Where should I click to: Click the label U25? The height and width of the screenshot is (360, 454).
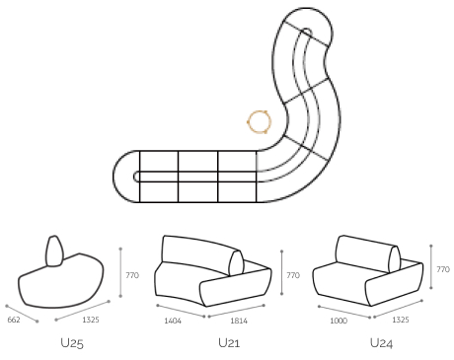pos(71,343)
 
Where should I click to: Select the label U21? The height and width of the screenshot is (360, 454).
pos(229,343)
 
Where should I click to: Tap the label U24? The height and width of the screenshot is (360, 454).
pos(382,343)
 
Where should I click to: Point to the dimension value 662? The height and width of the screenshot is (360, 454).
pos(14,320)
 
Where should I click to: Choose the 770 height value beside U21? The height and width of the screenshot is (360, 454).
pos(292,275)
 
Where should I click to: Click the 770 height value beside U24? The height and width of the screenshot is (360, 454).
pos(443,268)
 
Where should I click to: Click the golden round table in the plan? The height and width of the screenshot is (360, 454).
pos(260,121)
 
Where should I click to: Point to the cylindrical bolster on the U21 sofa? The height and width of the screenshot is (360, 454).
pos(236,262)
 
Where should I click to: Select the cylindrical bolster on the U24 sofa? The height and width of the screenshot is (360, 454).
pos(395,257)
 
